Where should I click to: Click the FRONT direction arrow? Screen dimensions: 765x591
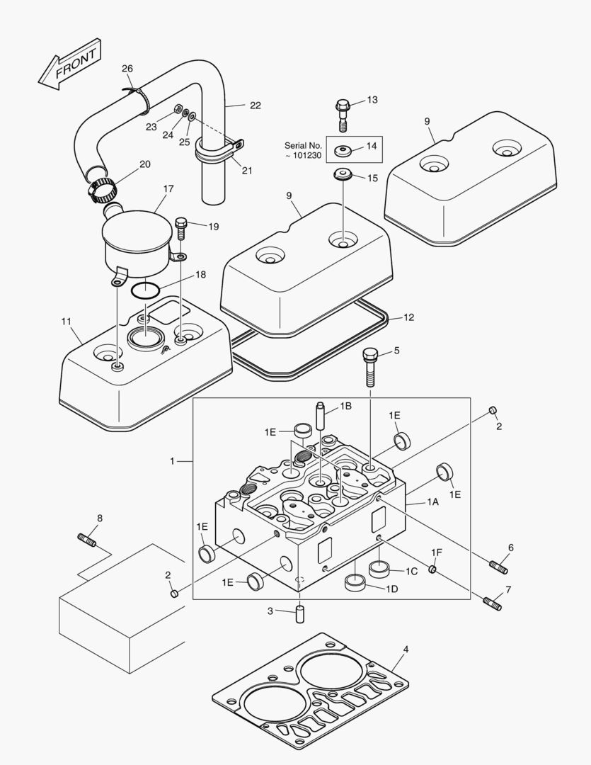click(69, 66)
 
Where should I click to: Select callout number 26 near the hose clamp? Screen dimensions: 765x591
click(127, 69)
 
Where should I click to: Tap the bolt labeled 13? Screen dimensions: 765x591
click(343, 111)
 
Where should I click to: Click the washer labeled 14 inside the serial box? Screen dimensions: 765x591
click(345, 150)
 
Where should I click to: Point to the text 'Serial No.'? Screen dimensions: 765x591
click(304, 144)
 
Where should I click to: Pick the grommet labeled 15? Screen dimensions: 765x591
click(343, 174)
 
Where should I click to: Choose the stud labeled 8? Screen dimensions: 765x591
click(86, 540)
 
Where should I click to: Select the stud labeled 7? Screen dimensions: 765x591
click(493, 603)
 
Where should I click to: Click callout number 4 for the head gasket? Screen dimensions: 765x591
click(406, 649)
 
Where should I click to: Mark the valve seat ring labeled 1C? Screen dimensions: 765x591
click(380, 568)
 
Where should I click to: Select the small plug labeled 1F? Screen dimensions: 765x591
click(433, 569)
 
